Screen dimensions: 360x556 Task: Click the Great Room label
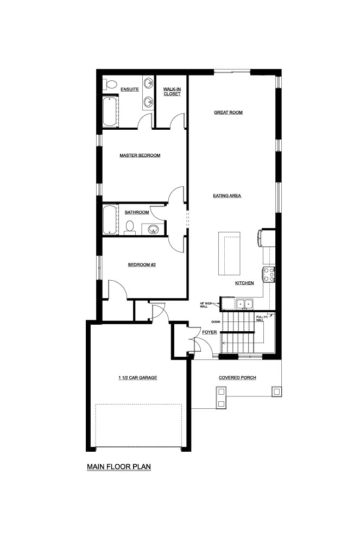point(228,112)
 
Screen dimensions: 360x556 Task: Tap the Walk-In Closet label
point(172,91)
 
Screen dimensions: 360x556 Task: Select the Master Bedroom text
point(140,155)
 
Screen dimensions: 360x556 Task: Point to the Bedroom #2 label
point(142,264)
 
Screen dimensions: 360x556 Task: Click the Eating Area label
point(227,195)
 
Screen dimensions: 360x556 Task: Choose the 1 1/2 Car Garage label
point(137,378)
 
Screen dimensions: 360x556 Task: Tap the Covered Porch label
point(237,378)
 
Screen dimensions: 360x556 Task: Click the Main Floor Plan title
point(119,466)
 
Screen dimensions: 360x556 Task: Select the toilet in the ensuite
point(110,85)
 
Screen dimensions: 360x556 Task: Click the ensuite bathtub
point(110,112)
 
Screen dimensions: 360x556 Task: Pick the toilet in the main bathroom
point(130,228)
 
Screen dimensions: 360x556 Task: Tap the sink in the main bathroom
point(153,229)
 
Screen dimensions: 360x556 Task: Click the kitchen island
point(229,253)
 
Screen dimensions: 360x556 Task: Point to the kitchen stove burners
point(269,275)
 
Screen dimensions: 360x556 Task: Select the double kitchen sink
point(245,304)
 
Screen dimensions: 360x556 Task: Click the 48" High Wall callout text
point(205,305)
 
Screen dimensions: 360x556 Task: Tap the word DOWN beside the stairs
point(216,322)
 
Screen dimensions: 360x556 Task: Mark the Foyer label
point(209,332)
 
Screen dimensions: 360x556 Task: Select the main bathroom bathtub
point(110,220)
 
